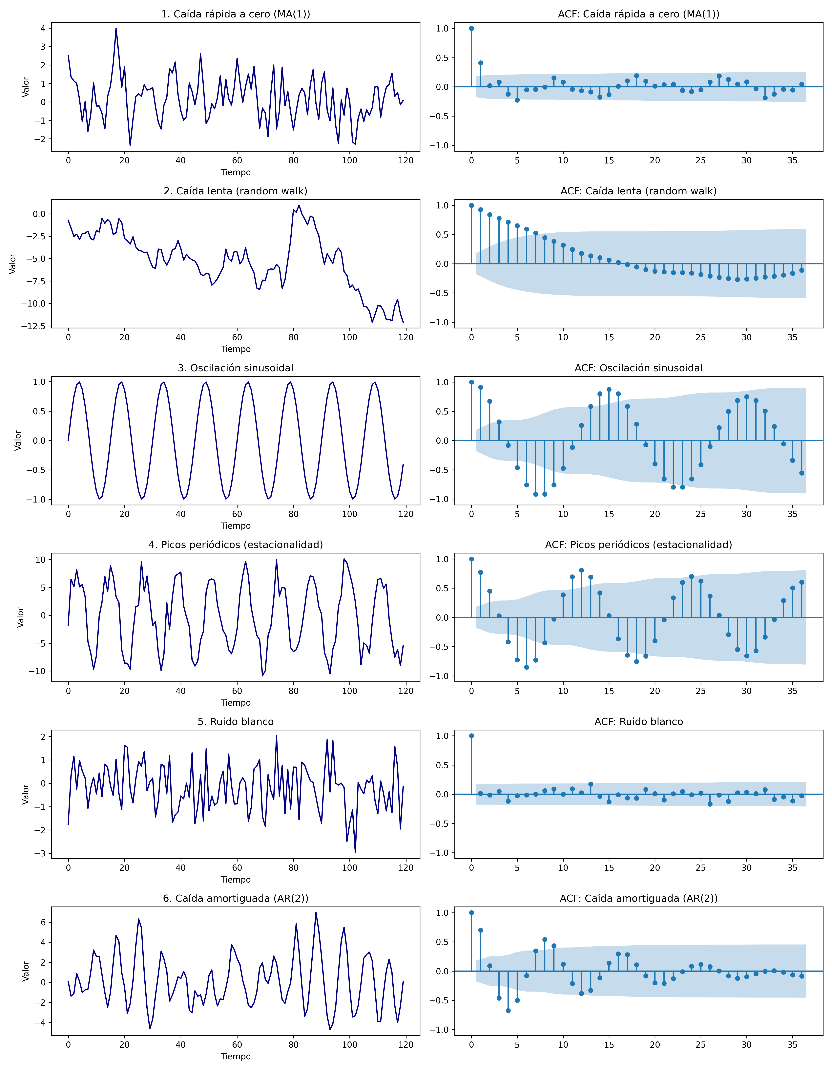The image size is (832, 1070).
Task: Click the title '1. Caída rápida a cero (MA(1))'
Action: (236, 14)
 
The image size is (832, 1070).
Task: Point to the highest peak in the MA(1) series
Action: (116, 28)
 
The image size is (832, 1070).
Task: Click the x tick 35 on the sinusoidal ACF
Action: (792, 514)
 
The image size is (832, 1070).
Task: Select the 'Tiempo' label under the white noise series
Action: (236, 879)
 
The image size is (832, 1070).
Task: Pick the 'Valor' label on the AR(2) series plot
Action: (26, 971)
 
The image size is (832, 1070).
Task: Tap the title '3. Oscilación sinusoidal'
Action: (236, 368)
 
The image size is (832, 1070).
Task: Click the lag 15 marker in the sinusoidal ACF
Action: (609, 390)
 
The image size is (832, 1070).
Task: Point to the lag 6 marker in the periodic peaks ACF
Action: (526, 667)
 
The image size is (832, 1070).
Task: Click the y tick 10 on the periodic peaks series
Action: (40, 560)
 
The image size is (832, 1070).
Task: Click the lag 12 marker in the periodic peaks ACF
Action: (581, 570)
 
